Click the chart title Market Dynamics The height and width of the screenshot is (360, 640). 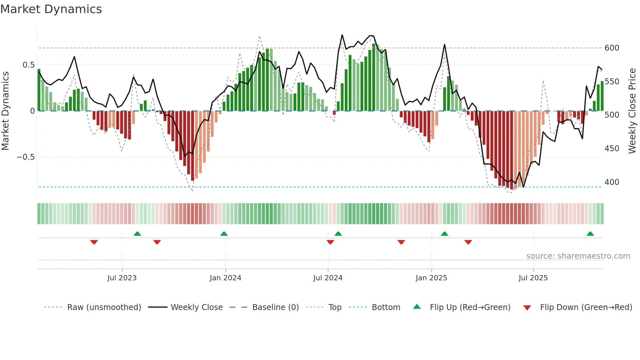[x=51, y=9]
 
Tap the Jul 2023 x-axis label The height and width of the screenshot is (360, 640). [x=122, y=278]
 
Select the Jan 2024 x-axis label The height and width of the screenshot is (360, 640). [x=225, y=278]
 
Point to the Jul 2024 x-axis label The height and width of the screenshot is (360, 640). [x=328, y=278]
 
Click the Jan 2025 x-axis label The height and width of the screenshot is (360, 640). [x=431, y=278]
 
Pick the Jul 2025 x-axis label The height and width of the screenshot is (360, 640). [x=533, y=278]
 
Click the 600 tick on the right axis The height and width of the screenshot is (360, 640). [x=612, y=48]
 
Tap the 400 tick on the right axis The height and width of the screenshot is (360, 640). [x=612, y=182]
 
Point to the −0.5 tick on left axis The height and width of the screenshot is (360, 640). [x=25, y=157]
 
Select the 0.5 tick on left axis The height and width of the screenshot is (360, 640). [x=28, y=65]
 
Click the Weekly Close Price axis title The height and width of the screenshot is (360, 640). [x=632, y=111]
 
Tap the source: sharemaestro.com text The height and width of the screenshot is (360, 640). [x=578, y=256]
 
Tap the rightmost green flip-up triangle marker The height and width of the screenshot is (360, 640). [x=590, y=234]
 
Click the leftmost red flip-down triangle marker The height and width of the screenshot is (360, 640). [x=94, y=242]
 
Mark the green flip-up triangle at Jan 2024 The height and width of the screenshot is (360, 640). [x=224, y=234]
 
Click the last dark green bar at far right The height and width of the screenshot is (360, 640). [x=602, y=96]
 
